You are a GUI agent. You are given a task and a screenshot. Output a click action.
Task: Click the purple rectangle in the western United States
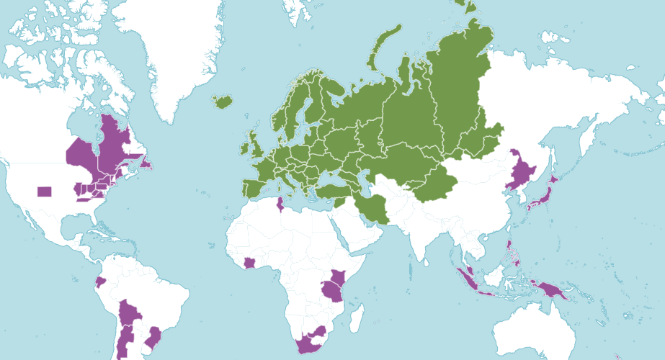click(x=44, y=192)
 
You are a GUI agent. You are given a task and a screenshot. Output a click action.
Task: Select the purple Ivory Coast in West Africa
click(x=250, y=263)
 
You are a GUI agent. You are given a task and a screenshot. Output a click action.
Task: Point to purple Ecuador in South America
click(x=101, y=280)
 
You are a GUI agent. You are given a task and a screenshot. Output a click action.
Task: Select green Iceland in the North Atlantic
click(x=223, y=102)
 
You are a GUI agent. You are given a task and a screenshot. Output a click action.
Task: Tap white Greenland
click(x=180, y=50)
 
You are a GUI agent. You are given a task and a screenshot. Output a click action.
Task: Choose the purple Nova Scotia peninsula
click(x=147, y=166)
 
